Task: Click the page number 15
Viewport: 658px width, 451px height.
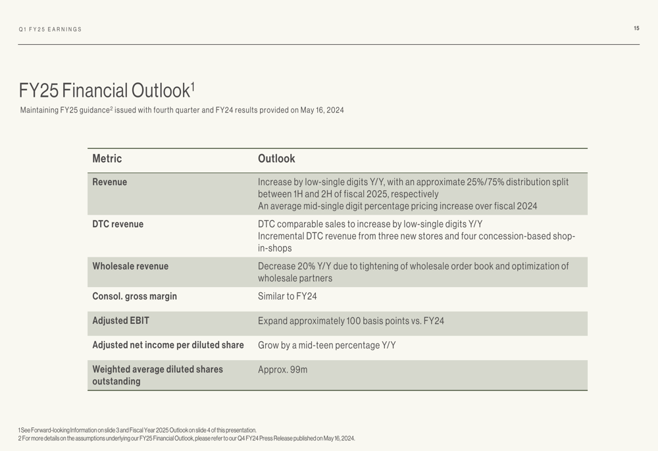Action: [x=636, y=28]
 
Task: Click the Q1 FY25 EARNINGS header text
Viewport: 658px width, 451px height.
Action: [x=51, y=30]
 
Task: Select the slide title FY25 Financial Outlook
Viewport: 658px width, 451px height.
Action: [x=105, y=90]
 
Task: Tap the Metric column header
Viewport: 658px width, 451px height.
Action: [x=107, y=159]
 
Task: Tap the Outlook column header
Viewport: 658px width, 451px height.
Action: [x=276, y=159]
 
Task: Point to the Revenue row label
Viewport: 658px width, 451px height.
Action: [x=110, y=182]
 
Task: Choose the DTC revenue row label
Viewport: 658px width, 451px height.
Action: [x=118, y=225]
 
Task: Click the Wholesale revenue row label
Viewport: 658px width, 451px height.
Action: [x=130, y=267]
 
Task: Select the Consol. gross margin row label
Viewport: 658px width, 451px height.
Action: [x=135, y=297]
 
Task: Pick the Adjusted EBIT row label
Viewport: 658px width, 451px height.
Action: [x=121, y=321]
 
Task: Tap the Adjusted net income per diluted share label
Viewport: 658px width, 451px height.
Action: [x=168, y=346]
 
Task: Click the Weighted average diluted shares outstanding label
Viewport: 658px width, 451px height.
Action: [x=157, y=375]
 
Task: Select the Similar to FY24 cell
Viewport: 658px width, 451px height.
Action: [x=288, y=297]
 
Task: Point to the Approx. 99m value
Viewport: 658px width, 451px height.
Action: [x=283, y=370]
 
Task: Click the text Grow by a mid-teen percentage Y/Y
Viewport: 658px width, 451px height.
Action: [x=327, y=346]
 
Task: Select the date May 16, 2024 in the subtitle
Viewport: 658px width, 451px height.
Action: [x=322, y=111]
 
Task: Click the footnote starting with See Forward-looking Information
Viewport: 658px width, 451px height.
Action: [x=138, y=430]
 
